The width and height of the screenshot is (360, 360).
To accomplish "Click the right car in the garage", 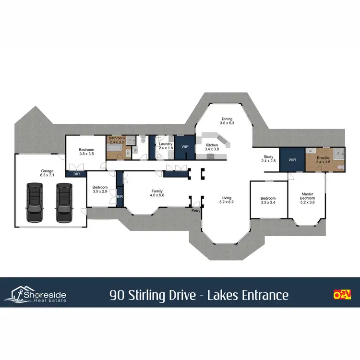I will pyautogui.click(x=63, y=203).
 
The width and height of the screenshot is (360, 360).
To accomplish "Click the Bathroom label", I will pyautogui.click(x=117, y=138).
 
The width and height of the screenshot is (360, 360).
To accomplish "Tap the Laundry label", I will pyautogui.click(x=166, y=144).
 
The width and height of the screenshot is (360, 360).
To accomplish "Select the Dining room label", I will pyautogui.click(x=227, y=119).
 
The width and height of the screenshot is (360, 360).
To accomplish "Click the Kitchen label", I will pyautogui.click(x=212, y=145).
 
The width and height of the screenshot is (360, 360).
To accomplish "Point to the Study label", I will pyautogui.click(x=268, y=157).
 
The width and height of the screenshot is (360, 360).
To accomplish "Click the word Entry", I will pyautogui.click(x=196, y=211).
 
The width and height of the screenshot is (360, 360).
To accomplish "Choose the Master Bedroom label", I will pyautogui.click(x=307, y=195).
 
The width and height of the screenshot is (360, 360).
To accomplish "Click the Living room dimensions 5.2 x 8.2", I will pyautogui.click(x=227, y=202).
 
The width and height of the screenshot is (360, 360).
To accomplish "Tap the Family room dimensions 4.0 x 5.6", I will pyautogui.click(x=157, y=195).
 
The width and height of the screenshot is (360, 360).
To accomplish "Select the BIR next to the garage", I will pyautogui.click(x=76, y=174).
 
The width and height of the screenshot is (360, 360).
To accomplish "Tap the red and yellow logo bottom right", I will pyautogui.click(x=342, y=294).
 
